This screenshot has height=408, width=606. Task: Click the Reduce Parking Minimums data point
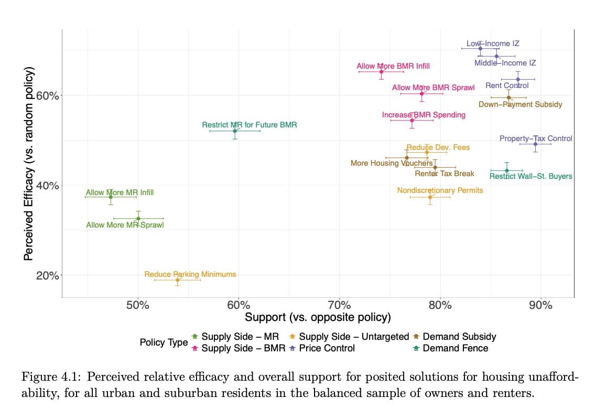point(178,280)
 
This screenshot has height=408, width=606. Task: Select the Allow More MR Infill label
point(120,192)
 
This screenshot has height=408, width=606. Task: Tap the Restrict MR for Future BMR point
point(235,131)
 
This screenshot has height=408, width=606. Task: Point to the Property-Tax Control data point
point(535,144)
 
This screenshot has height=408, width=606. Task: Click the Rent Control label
point(507,85)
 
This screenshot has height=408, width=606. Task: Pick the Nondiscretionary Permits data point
point(430,197)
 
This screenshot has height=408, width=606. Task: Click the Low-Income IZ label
point(493,44)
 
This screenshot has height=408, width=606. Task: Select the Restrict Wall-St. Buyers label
point(531,176)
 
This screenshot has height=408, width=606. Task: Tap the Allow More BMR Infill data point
point(382,71)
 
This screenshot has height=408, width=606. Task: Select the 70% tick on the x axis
point(339,305)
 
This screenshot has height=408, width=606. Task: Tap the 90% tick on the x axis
point(540,305)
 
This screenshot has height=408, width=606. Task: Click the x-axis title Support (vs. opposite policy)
point(318,317)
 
